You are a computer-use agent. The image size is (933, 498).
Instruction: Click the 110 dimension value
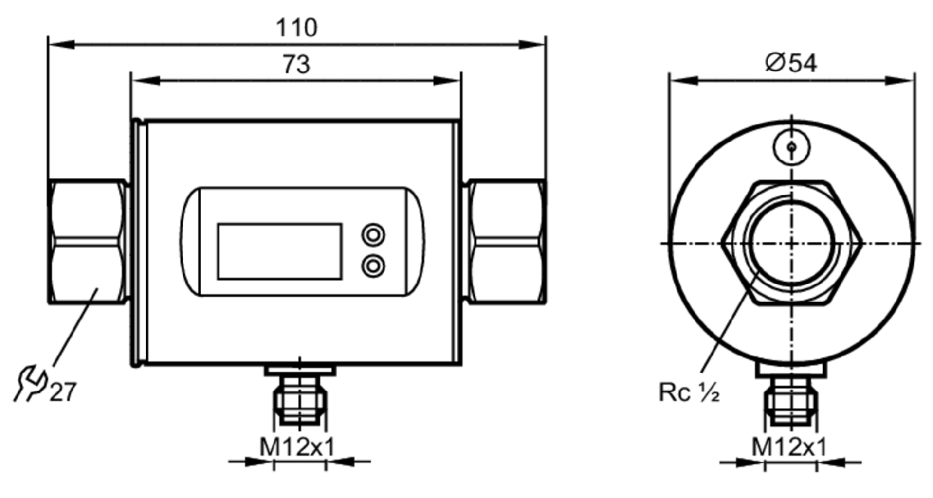(x=297, y=28)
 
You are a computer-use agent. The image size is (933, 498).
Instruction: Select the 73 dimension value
(x=297, y=65)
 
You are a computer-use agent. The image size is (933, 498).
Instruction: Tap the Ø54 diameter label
(x=791, y=63)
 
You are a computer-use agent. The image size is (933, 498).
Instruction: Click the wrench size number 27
(x=63, y=392)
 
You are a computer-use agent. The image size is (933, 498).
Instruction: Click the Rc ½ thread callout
(x=689, y=392)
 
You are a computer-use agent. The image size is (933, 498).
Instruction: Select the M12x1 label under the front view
(x=297, y=447)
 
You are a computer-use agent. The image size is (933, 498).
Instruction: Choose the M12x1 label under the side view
(x=789, y=447)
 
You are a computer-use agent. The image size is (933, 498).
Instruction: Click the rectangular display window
(x=280, y=252)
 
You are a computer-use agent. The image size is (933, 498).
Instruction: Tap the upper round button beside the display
(x=373, y=235)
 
